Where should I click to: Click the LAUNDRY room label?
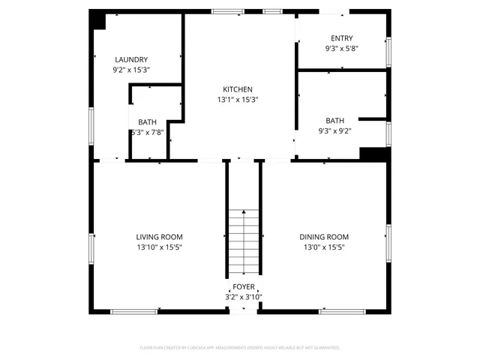[131, 60]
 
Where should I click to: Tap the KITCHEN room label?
[238, 89]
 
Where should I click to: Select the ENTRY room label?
[342, 38]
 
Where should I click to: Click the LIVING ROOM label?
[159, 237]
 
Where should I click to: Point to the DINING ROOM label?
[324, 237]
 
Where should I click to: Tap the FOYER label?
[244, 287]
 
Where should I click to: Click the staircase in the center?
[244, 242]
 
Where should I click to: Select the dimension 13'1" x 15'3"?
[238, 99]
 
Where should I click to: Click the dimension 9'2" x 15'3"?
[131, 70]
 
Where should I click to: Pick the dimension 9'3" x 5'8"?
[342, 48]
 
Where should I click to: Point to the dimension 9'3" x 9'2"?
[335, 130]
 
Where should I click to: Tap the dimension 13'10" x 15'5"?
[159, 247]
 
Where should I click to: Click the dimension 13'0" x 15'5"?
[324, 247]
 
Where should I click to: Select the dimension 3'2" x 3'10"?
[244, 297]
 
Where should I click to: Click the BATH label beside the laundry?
[147, 122]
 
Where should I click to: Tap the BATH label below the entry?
[335, 121]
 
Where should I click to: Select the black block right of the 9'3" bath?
[373, 153]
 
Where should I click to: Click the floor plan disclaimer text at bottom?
[240, 348]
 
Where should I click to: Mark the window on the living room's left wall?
[91, 247]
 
